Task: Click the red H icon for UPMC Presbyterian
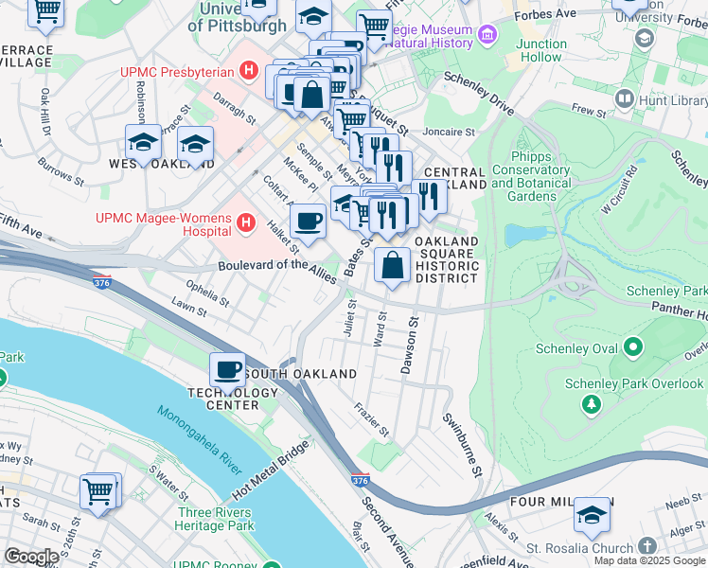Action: point(249,71)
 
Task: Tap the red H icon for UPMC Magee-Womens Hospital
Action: point(246,223)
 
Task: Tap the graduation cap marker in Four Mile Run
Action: point(593,515)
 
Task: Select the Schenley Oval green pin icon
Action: point(633,348)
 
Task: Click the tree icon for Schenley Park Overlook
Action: point(592,404)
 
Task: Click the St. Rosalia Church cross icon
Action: point(646,547)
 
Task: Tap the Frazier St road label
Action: point(372,418)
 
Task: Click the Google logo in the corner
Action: point(31,557)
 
